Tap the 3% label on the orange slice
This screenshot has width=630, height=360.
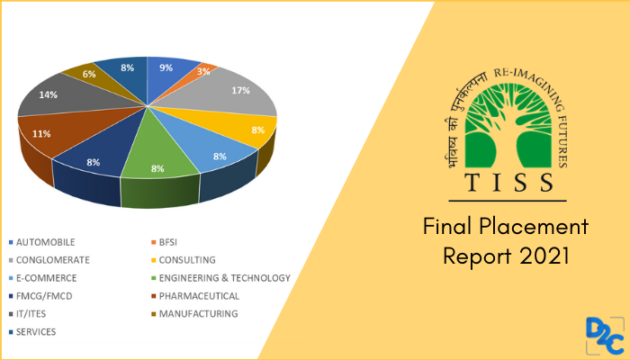tap(203, 71)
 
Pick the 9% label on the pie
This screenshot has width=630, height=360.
tap(166, 66)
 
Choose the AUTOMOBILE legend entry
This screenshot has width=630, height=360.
tap(45, 242)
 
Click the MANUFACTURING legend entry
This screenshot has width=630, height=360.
tap(195, 314)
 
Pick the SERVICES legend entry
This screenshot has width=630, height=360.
tap(37, 332)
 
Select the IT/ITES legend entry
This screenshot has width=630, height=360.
tap(34, 314)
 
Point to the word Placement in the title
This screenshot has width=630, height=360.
tap(535, 226)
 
